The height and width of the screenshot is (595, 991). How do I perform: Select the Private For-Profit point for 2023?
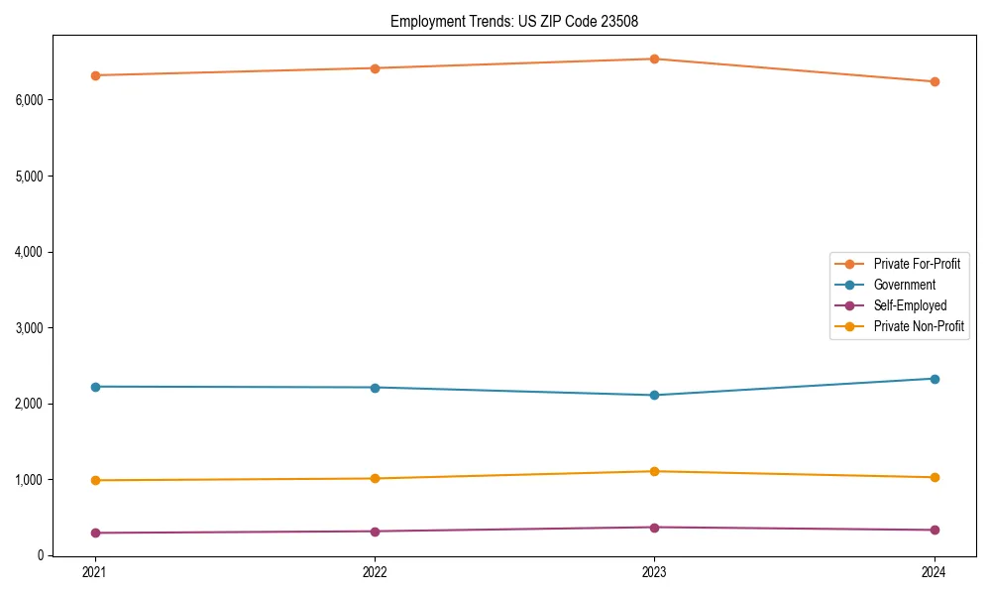tap(654, 59)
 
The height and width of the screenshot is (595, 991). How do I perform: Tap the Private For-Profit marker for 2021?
tap(95, 75)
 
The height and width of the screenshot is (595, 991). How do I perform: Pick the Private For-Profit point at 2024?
tap(934, 81)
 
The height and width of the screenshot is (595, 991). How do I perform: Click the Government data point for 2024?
tap(934, 379)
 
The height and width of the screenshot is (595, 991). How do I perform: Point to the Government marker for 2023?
tap(654, 395)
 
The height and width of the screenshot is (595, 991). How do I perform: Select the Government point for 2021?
tap(95, 387)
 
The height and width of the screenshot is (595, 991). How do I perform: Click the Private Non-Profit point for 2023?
tap(654, 471)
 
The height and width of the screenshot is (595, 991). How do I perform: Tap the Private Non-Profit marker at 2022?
tap(375, 478)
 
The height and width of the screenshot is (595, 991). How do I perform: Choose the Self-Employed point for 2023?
tap(654, 527)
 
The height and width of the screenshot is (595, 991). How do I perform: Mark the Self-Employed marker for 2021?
tap(95, 533)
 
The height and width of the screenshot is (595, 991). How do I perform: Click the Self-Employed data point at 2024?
tap(934, 530)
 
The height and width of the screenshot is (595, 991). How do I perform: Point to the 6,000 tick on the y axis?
tap(30, 100)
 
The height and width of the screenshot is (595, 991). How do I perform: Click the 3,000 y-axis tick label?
tap(30, 328)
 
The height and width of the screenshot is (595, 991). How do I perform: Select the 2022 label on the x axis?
tap(375, 572)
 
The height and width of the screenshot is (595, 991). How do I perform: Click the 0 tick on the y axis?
tap(41, 555)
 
